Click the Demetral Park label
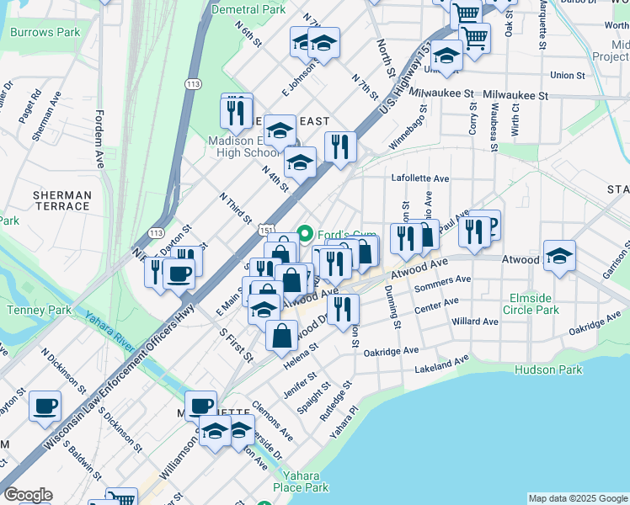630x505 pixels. point(248,10)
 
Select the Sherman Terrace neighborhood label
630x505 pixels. point(61,200)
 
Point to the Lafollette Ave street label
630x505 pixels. point(420,178)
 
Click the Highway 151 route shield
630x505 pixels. point(266,229)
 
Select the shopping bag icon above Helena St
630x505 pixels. point(281,335)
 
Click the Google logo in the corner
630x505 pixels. point(28,495)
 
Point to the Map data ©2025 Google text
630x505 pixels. point(578,498)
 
